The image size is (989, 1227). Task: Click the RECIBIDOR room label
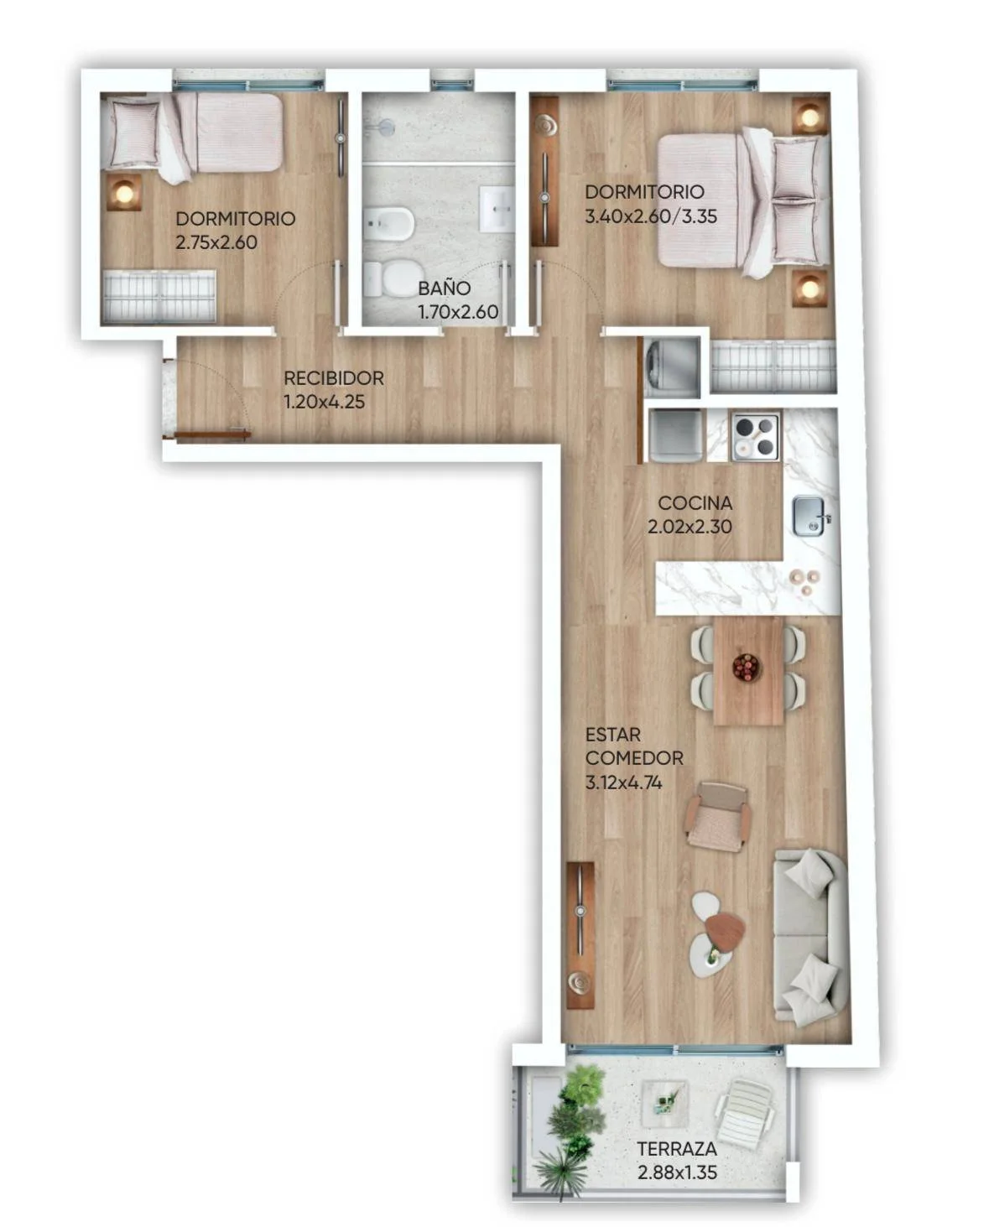(334, 377)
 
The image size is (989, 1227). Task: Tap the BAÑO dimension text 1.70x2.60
(458, 312)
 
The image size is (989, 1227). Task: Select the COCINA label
(695, 503)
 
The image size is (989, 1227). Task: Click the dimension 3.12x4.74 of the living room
(623, 782)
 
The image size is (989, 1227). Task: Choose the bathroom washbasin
(497, 209)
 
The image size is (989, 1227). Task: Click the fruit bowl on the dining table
(746, 667)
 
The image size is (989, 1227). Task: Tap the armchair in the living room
(717, 817)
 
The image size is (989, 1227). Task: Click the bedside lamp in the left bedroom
(124, 193)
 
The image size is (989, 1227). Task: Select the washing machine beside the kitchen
(672, 367)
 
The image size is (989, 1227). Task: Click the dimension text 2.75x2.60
(216, 242)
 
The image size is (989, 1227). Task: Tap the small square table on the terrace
(664, 1097)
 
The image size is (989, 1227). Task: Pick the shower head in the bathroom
(387, 127)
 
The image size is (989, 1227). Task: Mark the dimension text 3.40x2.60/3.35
(651, 216)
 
